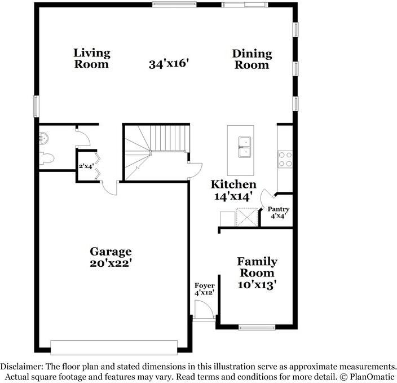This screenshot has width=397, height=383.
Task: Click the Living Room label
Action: tap(91, 59)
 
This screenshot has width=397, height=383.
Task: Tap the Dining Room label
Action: tap(252, 59)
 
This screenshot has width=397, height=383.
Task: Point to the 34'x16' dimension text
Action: tap(168, 64)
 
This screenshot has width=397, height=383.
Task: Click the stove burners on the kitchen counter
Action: tap(285, 159)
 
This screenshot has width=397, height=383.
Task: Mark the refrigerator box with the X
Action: tap(246, 217)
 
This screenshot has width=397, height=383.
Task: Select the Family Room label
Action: tap(257, 267)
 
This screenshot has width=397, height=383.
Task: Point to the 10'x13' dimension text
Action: tap(257, 285)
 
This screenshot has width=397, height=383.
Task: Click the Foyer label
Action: tap(204, 286)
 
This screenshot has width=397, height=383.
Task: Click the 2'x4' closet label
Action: tap(86, 166)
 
